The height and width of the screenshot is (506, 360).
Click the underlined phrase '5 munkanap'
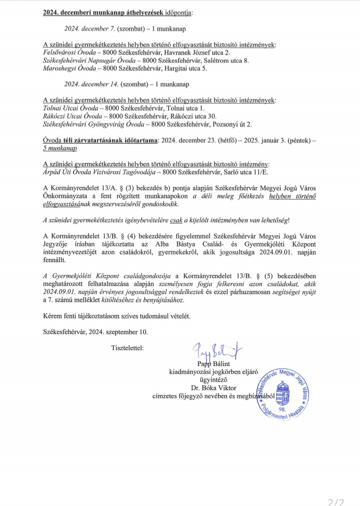pyautogui.click(x=60, y=148)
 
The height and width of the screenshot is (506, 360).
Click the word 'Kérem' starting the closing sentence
pyautogui.click(x=53, y=315)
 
